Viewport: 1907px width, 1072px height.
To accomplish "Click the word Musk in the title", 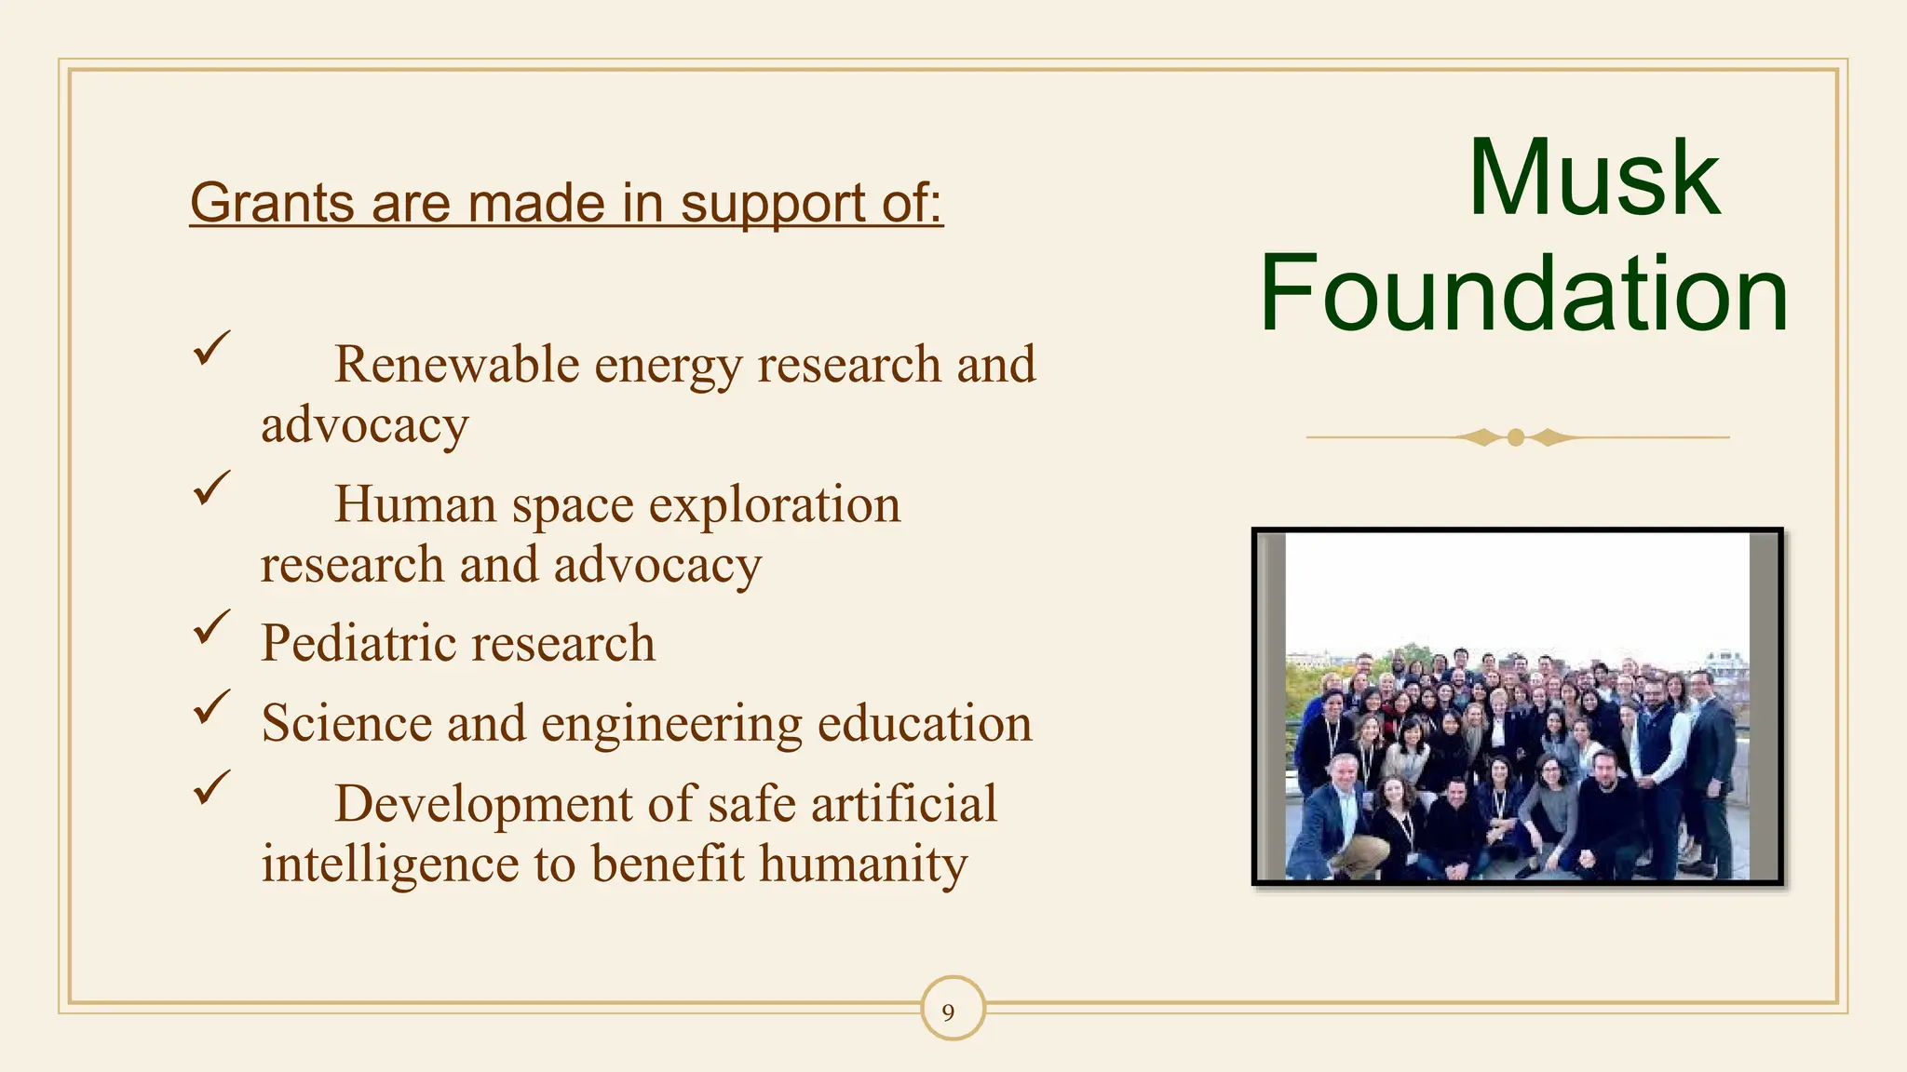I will click(x=1594, y=179).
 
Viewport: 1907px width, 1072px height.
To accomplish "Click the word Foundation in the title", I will click(x=1523, y=294).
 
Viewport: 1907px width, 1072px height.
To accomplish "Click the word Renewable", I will click(x=456, y=364).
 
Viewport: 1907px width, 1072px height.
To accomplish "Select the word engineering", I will click(x=671, y=724).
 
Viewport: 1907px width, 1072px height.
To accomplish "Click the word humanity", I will click(x=863, y=864).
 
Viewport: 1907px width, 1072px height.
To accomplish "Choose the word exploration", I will click(x=775, y=504).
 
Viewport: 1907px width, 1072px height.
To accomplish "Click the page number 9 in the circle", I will click(x=949, y=1012).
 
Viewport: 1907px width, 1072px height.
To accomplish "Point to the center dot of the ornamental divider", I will click(x=1516, y=437).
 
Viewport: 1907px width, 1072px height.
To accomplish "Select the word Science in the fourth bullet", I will click(x=346, y=723).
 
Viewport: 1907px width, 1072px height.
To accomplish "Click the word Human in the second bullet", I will click(x=415, y=504).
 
